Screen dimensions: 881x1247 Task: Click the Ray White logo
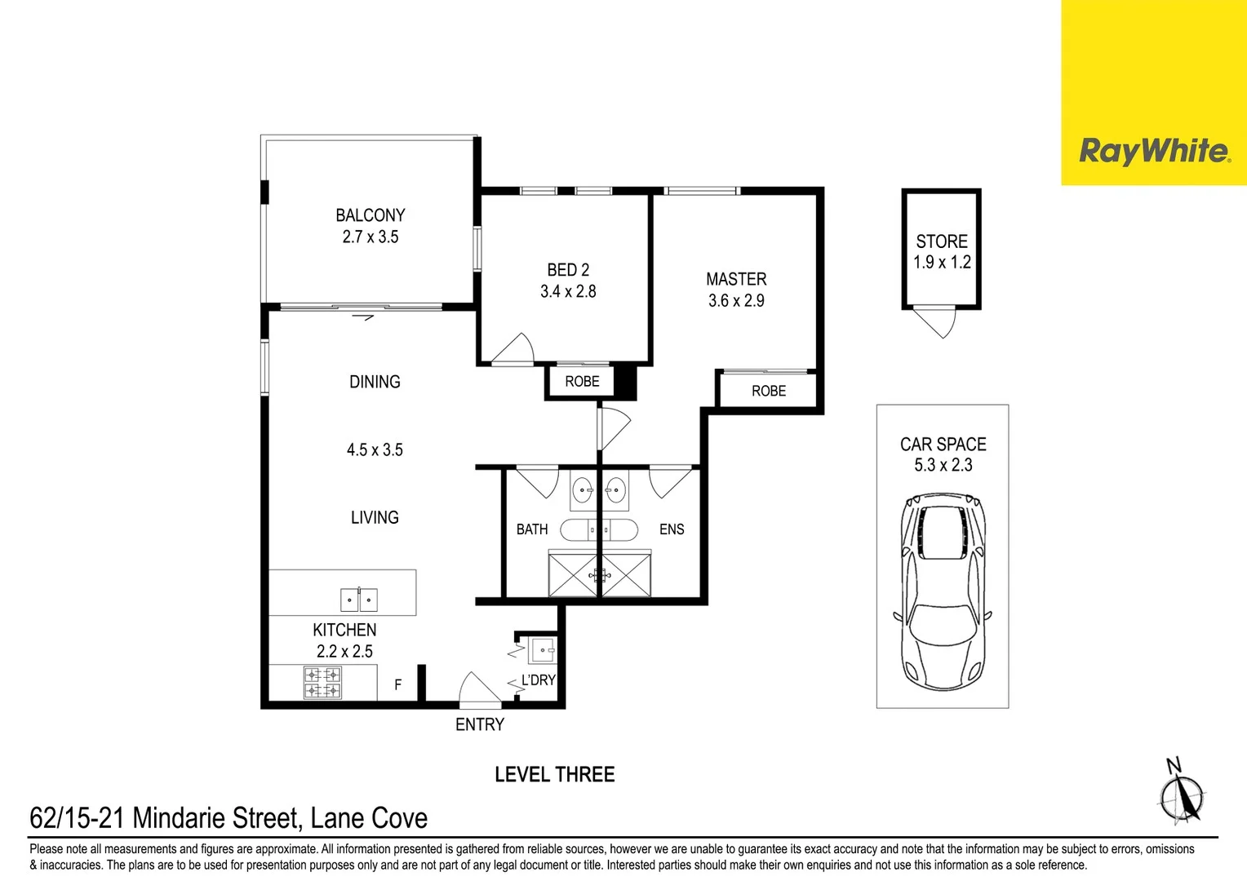[x=1154, y=151]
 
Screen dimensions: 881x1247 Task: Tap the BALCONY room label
[x=371, y=215]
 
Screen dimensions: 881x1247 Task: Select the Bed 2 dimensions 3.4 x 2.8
[x=568, y=291]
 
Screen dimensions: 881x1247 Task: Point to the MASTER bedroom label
[x=736, y=279]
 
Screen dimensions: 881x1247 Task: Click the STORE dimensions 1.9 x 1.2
[x=942, y=263]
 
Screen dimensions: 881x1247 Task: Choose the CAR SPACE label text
[x=943, y=445]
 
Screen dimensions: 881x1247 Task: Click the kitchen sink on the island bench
[x=359, y=600]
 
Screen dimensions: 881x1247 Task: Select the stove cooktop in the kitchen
[x=322, y=683]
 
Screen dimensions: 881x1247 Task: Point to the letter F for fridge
[x=398, y=685]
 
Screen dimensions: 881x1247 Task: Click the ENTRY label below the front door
[x=480, y=724]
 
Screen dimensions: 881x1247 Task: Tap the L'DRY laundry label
[x=539, y=680]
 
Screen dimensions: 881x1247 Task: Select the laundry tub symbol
[x=543, y=650]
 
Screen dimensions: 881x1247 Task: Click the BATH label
[x=532, y=529]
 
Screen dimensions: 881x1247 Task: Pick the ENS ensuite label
[x=672, y=529]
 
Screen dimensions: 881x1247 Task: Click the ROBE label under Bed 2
[x=582, y=382]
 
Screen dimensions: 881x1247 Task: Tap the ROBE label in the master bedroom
[x=769, y=392]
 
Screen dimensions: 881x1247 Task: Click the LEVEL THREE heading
[x=555, y=774]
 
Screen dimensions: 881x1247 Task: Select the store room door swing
[x=937, y=322]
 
